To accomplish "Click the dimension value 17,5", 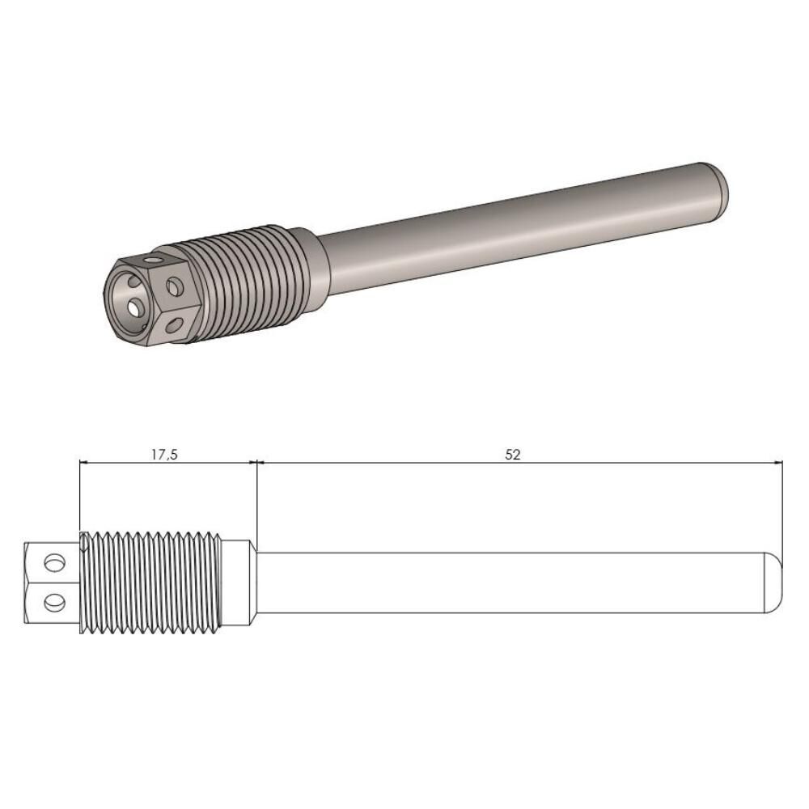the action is (x=164, y=454).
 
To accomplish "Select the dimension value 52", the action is (x=513, y=454).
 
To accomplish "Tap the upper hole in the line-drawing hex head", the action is (x=54, y=563).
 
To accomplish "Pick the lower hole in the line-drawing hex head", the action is (x=54, y=601).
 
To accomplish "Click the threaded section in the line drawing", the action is (x=151, y=582).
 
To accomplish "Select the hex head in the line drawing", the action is (x=52, y=582).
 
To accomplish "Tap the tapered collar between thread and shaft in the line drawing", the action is (x=239, y=582).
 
